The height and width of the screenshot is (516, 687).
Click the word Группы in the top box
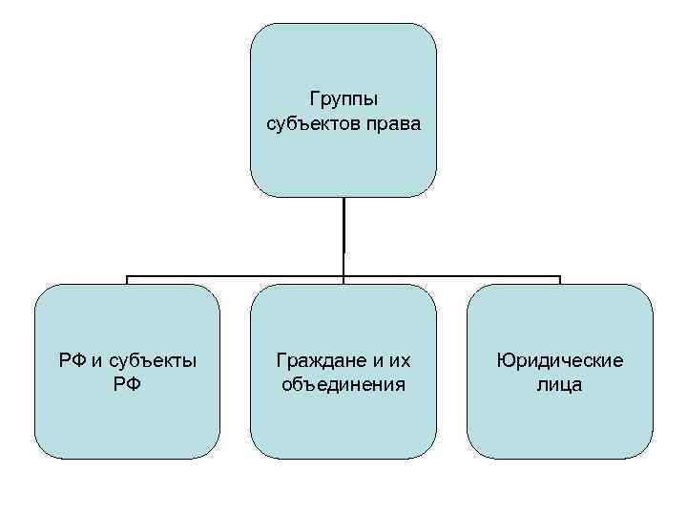343,98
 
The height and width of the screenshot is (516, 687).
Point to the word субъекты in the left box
154,361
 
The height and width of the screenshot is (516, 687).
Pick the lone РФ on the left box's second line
127,385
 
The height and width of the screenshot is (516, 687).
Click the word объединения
343,385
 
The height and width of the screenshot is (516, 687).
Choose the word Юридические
560,361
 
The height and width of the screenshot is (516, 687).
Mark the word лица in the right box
560,385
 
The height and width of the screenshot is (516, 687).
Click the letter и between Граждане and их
376,361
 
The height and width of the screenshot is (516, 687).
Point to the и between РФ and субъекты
99,361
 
